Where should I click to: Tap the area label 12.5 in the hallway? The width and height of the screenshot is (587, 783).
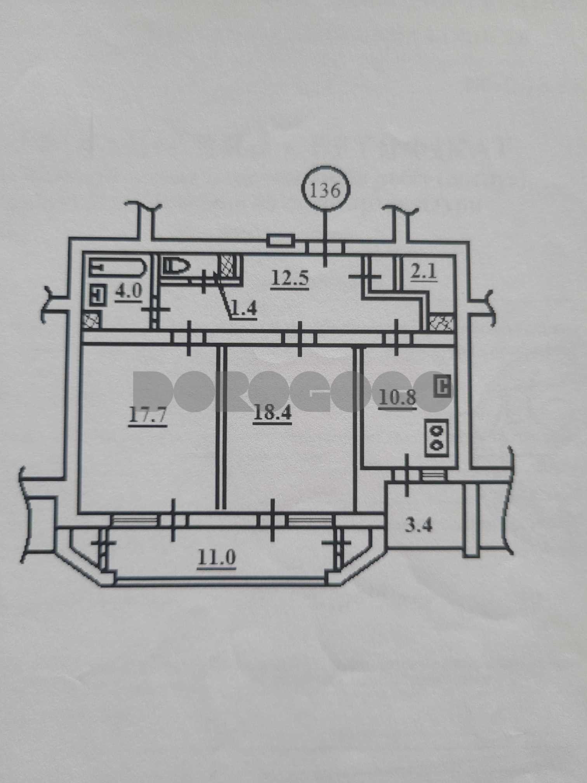[290, 278]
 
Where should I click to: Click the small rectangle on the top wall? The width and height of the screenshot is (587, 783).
[281, 240]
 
